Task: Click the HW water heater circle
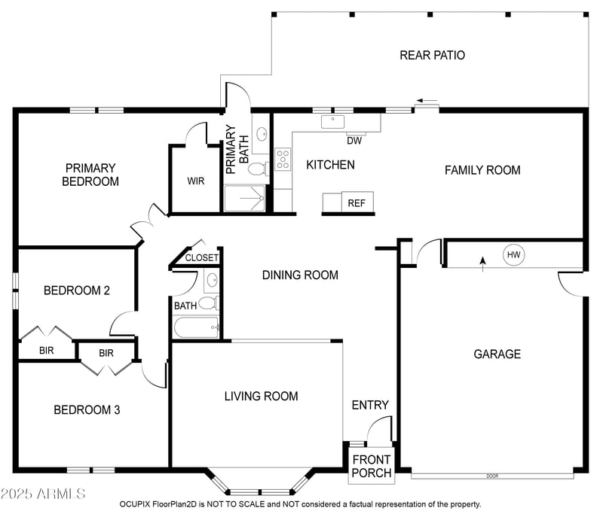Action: point(513,255)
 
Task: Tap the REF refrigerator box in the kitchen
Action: point(355,203)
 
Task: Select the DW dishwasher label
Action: point(354,141)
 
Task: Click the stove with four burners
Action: point(283,159)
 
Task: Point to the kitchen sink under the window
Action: point(332,120)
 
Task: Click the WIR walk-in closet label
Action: point(196,181)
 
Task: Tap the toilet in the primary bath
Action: point(257,168)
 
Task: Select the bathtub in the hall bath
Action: point(195,327)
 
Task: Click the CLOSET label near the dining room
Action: point(201,257)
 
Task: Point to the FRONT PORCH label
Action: point(372,466)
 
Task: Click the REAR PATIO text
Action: point(432,55)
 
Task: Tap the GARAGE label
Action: point(497,354)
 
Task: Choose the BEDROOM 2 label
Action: point(76,290)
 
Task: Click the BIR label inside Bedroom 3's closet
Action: point(106,352)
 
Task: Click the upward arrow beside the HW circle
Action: point(483,261)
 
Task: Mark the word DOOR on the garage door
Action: point(492,476)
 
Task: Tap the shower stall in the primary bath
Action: point(245,198)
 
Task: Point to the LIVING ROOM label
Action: point(261,396)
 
